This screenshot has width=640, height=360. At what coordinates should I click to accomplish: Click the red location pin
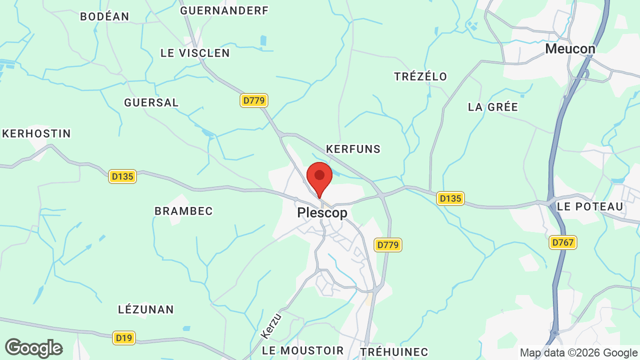click(x=319, y=178)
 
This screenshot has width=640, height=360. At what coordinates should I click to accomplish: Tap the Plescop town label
click(x=322, y=213)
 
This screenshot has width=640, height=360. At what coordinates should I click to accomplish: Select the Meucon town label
click(x=570, y=49)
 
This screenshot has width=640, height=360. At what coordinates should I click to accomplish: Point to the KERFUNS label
click(x=353, y=149)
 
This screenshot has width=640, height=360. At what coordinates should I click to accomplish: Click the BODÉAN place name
click(x=104, y=16)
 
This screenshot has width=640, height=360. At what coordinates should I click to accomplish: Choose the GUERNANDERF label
click(x=224, y=10)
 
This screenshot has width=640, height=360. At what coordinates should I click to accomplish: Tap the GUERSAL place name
click(x=151, y=102)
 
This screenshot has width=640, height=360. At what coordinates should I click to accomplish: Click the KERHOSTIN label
click(x=36, y=133)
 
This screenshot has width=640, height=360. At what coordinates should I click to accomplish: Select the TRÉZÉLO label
click(x=420, y=76)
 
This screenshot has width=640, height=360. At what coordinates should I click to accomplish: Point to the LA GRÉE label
click(x=492, y=107)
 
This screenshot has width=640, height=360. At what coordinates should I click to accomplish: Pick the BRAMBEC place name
click(x=183, y=211)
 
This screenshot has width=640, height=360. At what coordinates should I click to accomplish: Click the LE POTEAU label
click(x=590, y=206)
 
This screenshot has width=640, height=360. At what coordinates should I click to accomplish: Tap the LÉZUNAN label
click(x=146, y=309)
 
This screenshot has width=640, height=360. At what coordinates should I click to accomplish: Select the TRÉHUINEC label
click(x=394, y=351)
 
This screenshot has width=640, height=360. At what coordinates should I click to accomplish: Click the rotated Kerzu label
click(x=271, y=325)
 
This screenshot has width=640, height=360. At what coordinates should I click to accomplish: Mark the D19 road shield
click(x=123, y=338)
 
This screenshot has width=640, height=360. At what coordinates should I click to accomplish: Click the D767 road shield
click(x=563, y=242)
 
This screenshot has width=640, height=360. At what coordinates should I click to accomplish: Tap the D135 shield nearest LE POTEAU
click(x=450, y=198)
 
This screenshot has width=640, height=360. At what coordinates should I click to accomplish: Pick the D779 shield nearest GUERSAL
click(x=254, y=100)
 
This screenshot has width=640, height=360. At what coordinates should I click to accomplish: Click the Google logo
click(x=34, y=348)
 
